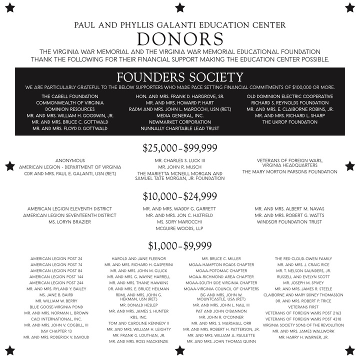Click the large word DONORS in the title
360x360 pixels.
click(x=180, y=39)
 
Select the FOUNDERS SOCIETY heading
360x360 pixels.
click(x=180, y=77)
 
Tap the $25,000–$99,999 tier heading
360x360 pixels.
click(x=180, y=148)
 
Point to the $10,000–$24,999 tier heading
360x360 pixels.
click(x=180, y=196)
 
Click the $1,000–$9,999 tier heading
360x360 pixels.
click(x=180, y=245)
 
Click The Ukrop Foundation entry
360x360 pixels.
click(x=290, y=122)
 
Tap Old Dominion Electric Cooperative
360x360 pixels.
click(x=290, y=96)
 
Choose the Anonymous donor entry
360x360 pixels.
click(x=69, y=160)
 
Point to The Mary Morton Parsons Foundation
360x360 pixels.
click(x=290, y=171)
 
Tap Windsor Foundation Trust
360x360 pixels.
click(x=290, y=221)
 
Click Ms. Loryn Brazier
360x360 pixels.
click(x=69, y=221)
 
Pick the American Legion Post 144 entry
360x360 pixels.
click(x=56, y=276)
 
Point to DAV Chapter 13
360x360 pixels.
click(x=56, y=331)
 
